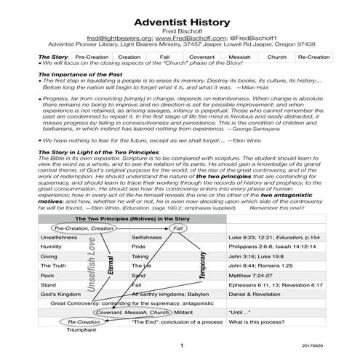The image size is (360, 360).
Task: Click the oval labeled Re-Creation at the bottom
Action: point(84,321)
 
